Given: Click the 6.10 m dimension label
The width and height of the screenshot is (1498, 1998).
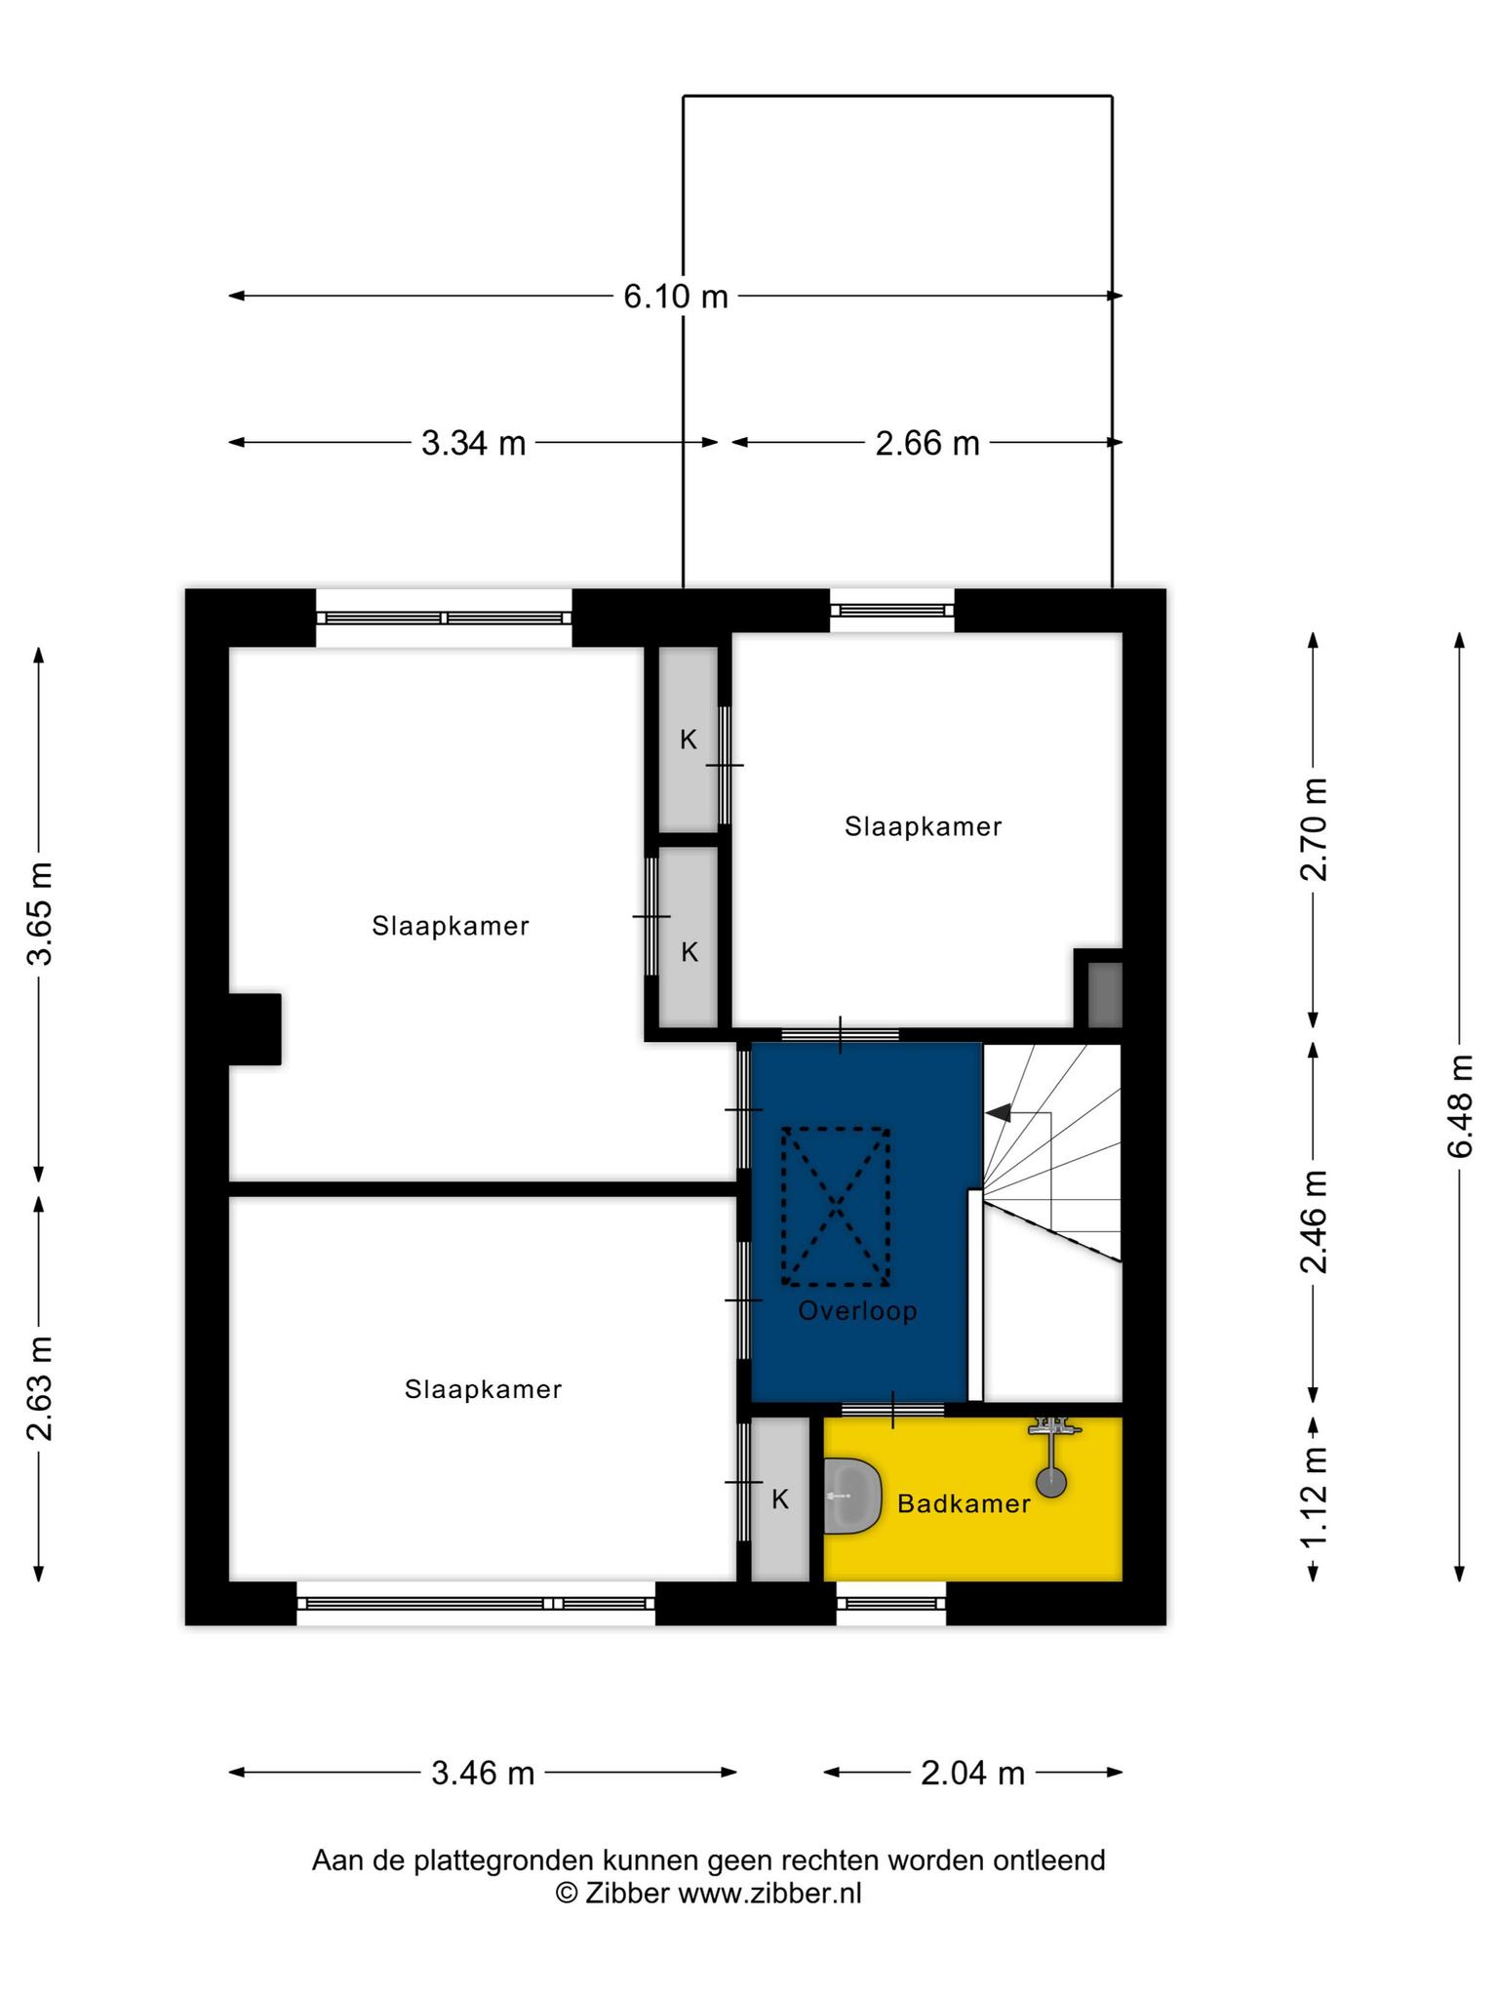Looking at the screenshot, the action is click(x=676, y=296).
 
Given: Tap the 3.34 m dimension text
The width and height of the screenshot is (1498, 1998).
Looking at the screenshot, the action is click(x=473, y=443).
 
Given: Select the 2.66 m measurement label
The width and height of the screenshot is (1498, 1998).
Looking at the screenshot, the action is click(x=926, y=443).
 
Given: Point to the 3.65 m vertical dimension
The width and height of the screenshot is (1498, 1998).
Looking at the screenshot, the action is click(x=40, y=912).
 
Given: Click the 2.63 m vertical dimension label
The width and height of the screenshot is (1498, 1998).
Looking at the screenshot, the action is click(x=40, y=1387).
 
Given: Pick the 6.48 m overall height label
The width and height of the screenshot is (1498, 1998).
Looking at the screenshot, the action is click(x=1460, y=1106).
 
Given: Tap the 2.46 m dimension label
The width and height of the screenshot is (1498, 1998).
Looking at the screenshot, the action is click(x=1314, y=1221).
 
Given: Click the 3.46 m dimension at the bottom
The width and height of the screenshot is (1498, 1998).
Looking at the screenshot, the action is click(x=483, y=1773).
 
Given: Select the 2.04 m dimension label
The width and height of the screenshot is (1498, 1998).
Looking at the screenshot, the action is click(x=972, y=1773).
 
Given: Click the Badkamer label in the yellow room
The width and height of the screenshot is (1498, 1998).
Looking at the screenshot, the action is click(x=964, y=1503).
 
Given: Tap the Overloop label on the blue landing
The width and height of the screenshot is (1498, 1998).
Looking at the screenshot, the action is click(x=858, y=1310).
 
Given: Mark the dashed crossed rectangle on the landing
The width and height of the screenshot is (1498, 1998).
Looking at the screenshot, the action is click(x=836, y=1207).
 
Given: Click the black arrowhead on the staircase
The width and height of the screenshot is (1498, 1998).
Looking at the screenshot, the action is click(x=999, y=1111).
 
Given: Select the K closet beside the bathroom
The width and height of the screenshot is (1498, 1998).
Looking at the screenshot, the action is click(x=780, y=1498).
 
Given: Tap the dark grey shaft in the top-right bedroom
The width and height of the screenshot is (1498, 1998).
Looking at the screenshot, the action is click(x=1105, y=994).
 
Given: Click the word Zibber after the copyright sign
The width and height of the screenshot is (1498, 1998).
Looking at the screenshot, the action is click(x=626, y=1894).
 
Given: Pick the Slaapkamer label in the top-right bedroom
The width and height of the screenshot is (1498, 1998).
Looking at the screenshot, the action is click(x=923, y=827).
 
